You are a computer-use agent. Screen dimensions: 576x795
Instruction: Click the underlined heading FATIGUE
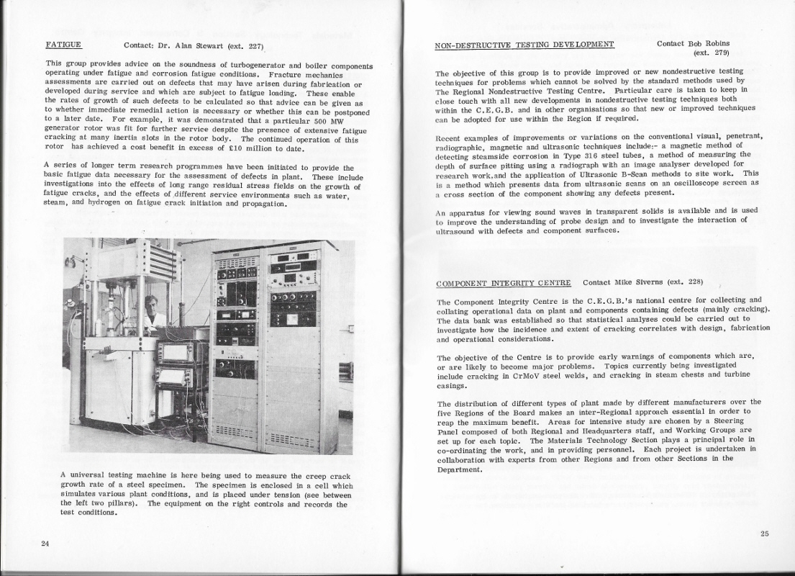(63, 45)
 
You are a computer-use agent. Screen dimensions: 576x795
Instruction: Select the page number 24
(45, 543)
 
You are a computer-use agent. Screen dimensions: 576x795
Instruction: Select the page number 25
(764, 534)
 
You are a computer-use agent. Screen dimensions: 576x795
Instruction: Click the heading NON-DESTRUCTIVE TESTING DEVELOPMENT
(524, 45)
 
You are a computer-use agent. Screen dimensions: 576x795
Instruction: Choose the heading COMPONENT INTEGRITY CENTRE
(504, 282)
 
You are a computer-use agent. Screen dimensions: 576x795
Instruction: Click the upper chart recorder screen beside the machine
(175, 353)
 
